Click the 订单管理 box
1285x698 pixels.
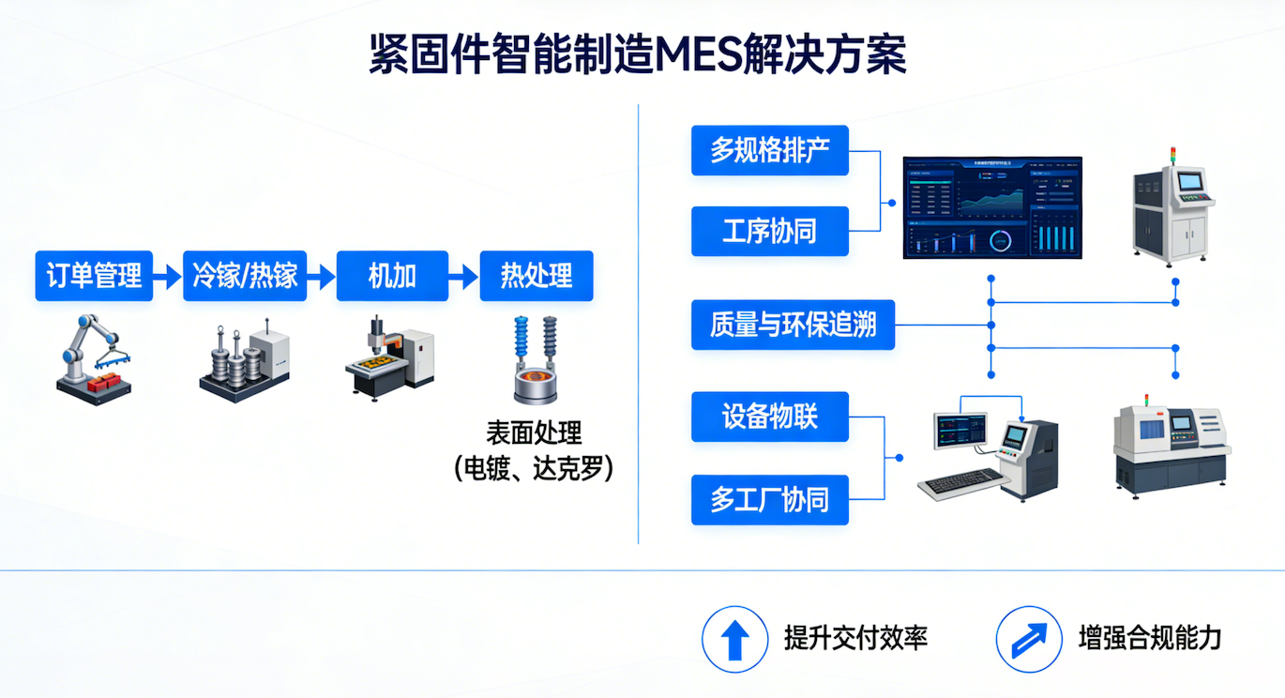point(94,276)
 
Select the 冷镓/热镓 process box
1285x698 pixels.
point(245,276)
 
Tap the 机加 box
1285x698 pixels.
point(392,276)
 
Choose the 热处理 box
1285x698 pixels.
point(537,276)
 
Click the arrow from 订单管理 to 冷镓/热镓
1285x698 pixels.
point(168,277)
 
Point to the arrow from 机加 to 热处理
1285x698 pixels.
point(463,277)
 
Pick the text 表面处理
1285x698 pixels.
point(534,432)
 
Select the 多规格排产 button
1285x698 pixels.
point(770,150)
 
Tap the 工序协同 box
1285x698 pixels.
point(770,231)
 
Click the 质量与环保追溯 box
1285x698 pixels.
point(793,325)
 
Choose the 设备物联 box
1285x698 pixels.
point(770,417)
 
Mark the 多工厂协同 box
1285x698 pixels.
point(770,499)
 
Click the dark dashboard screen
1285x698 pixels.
point(992,207)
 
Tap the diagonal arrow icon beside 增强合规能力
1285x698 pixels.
point(1030,639)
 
